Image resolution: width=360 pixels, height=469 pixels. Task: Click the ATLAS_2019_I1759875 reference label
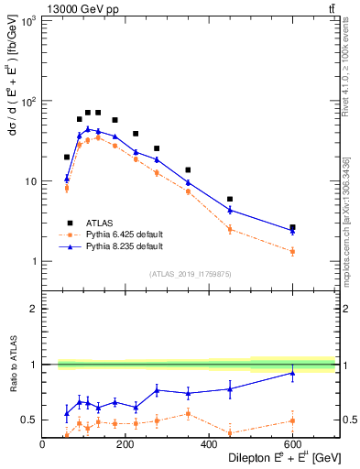point(191,274)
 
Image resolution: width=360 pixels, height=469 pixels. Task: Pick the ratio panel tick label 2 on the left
point(33,309)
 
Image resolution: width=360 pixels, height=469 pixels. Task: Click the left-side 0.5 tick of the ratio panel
point(29,420)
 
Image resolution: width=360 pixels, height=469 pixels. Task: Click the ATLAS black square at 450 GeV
point(230,199)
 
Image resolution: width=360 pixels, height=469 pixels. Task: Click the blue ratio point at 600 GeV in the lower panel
point(292,373)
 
